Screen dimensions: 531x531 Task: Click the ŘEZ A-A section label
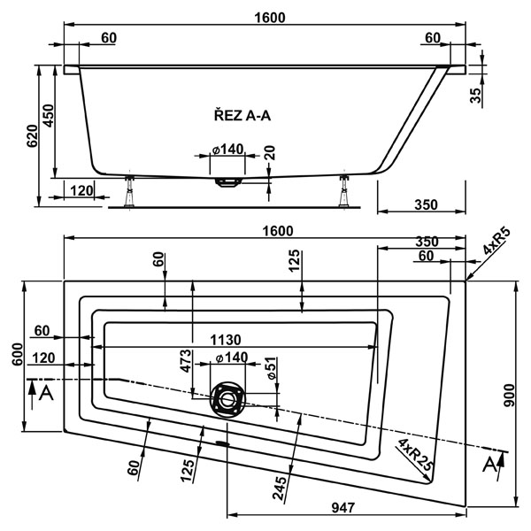[242, 113]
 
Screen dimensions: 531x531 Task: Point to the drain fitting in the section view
[229, 182]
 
